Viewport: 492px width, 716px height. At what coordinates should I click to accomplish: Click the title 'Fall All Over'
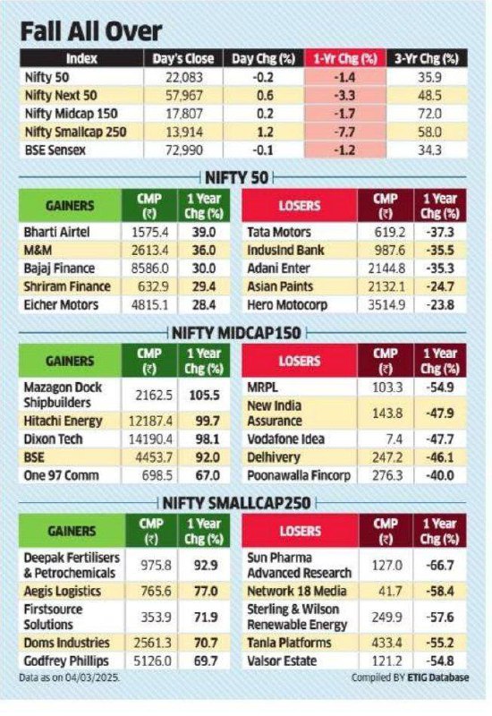91,31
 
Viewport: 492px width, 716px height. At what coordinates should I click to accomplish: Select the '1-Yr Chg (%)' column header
345,58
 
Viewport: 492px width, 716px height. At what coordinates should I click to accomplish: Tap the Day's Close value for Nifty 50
183,77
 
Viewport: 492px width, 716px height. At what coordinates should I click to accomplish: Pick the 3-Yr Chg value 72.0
429,114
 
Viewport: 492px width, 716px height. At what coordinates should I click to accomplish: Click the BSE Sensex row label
55,150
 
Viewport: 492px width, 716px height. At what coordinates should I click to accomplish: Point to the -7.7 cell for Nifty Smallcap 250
344,132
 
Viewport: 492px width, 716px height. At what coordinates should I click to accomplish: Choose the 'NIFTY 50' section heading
236,177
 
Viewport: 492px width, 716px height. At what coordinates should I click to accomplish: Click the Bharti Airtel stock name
56,232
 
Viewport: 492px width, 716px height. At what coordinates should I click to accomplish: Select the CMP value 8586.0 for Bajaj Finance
149,268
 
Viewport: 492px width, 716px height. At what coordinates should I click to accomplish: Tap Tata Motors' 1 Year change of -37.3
440,232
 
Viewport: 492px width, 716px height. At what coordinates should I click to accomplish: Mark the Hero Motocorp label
287,305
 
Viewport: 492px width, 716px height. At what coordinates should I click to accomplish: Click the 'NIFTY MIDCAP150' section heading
236,333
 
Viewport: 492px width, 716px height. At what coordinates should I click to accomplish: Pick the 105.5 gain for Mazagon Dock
204,395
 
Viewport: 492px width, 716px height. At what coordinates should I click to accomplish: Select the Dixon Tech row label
53,439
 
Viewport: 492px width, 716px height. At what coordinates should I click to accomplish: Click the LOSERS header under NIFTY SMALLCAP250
300,531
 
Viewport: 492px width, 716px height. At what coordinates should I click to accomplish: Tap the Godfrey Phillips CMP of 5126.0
151,661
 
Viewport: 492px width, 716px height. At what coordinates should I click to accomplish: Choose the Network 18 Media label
297,592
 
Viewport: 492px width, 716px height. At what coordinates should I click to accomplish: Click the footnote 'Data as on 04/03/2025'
70,678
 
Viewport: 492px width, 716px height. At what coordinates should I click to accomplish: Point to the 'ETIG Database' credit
437,678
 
